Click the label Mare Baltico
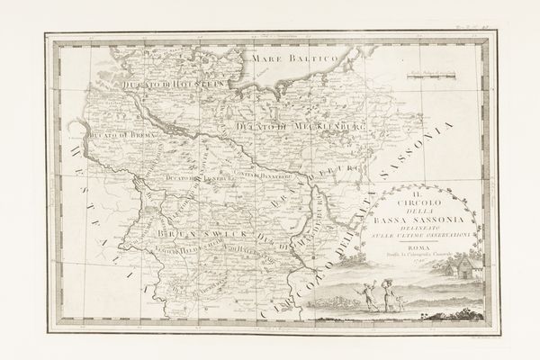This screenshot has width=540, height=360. (294, 59)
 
